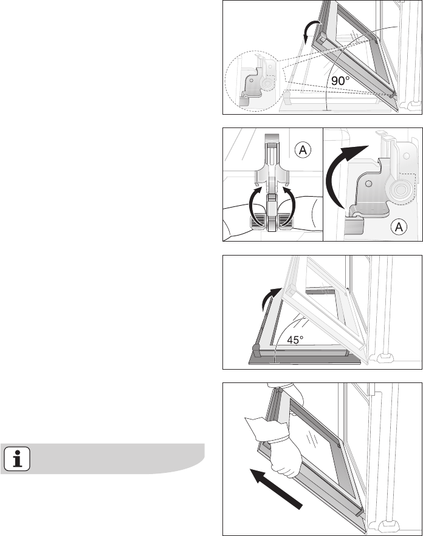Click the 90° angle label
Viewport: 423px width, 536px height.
[x=340, y=81]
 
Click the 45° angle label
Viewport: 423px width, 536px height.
[x=295, y=340]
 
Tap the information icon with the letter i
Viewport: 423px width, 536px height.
[x=17, y=459]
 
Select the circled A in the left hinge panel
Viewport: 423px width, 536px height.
[x=303, y=150]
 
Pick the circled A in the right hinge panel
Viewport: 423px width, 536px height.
[x=399, y=226]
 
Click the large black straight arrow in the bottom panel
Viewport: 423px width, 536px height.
[x=276, y=489]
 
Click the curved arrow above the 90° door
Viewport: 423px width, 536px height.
[x=311, y=32]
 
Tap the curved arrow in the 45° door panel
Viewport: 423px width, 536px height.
[x=269, y=298]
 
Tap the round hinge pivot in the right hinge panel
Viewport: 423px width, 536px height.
[x=399, y=189]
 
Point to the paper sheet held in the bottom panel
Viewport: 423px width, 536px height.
[x=260, y=428]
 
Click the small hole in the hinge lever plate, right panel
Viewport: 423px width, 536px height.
[x=368, y=184]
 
